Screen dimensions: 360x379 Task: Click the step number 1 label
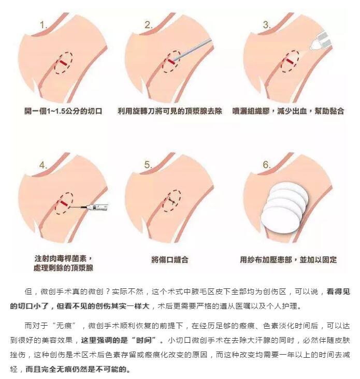[x=43, y=25]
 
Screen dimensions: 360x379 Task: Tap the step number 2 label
[x=149, y=25]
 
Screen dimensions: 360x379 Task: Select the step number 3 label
[x=267, y=25]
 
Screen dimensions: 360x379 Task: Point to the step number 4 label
[x=43, y=165]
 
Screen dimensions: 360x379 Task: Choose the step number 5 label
[x=148, y=165]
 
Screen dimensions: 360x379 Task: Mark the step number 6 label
[x=267, y=165]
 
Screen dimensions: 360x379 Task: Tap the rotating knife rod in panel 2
[x=193, y=50]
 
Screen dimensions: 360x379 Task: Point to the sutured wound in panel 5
[x=172, y=200]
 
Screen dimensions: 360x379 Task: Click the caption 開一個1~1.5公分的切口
[x=63, y=111]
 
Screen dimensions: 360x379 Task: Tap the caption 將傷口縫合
[x=170, y=260]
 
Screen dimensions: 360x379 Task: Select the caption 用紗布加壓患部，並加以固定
[x=288, y=260]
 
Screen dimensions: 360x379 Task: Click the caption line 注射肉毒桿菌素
[x=63, y=259]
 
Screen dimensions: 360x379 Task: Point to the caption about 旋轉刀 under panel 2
[x=170, y=111]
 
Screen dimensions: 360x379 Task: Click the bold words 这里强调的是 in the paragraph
[x=104, y=340]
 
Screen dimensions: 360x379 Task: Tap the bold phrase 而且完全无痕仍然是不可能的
[x=78, y=369]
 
